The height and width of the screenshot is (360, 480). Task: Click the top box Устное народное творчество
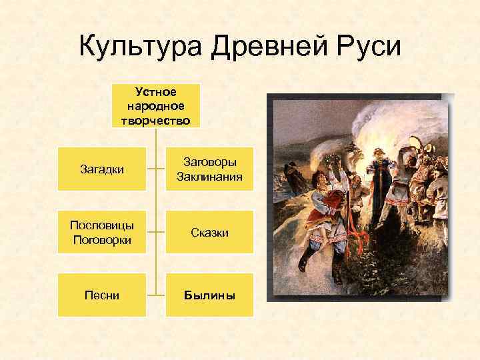(155, 105)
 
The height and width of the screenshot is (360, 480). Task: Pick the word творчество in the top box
(155, 120)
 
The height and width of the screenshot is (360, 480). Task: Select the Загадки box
(102, 169)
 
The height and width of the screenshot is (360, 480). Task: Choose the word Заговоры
(209, 162)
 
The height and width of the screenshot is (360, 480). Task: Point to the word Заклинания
(209, 177)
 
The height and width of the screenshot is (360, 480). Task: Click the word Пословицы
(102, 225)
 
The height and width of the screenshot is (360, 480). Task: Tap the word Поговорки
(102, 239)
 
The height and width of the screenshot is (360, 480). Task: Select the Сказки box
(209, 232)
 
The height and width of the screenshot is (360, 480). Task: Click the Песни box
(102, 295)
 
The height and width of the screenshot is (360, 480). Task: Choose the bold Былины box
(209, 295)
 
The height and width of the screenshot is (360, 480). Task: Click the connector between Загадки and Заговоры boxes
(156, 169)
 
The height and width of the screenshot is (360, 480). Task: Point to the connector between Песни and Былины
(156, 295)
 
